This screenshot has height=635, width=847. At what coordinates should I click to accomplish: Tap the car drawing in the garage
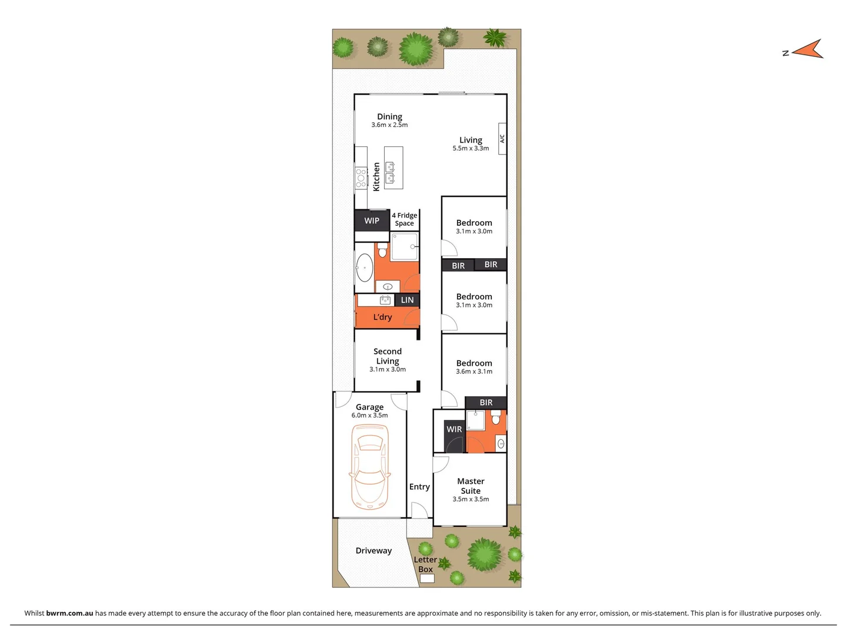pos(369,468)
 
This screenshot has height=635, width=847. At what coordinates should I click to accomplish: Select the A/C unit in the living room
pos(502,139)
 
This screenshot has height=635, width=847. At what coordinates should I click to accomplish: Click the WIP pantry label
pos(372,220)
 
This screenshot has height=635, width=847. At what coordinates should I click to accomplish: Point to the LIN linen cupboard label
pos(407,300)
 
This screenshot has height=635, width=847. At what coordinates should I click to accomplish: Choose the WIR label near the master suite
pos(454,429)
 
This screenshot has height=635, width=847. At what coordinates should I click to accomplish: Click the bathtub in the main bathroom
pos(364,268)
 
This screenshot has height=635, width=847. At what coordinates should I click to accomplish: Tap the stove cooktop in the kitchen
pos(361,178)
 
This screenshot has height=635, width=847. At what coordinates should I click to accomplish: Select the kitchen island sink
pos(389,172)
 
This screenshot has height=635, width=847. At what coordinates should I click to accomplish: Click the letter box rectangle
pos(427,579)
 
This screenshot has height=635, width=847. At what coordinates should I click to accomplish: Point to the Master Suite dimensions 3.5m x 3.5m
pos(471,499)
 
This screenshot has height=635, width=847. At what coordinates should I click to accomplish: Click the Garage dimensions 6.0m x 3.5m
pos(369,415)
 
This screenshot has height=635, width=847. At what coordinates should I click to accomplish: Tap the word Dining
pos(389,116)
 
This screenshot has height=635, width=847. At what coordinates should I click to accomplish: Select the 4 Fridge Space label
pos(405,219)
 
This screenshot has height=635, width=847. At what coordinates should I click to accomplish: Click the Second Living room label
pos(388,356)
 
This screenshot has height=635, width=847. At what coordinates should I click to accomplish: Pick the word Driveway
pos(374,550)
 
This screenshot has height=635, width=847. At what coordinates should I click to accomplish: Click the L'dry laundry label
pos(382,317)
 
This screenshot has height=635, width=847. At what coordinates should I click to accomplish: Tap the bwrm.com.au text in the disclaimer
pos(69,613)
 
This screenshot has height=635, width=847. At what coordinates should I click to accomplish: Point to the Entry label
pos(419,486)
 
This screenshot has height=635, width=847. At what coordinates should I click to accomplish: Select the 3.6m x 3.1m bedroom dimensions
pos(474,372)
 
